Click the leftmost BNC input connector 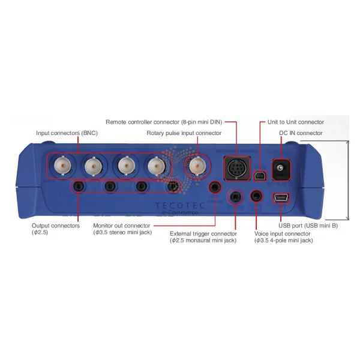click(62, 166)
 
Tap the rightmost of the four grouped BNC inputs click(157, 166)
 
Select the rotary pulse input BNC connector click(197, 166)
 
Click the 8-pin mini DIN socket click(237, 169)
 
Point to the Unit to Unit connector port click(260, 176)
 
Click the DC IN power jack click(281, 170)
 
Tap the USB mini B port click(281, 199)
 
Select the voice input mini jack click(256, 196)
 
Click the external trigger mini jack click(235, 197)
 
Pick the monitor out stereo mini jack click(215, 187)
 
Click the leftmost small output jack click(79, 186)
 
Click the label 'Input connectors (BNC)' click(67, 133)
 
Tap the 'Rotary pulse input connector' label click(184, 133)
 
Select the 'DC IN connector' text click(301, 133)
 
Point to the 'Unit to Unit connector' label click(296, 122)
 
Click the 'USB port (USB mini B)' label click(308, 226)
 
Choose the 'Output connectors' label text click(56, 226)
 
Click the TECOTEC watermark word click(180, 205)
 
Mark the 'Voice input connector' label click(282, 234)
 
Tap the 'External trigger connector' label click(203, 234)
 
